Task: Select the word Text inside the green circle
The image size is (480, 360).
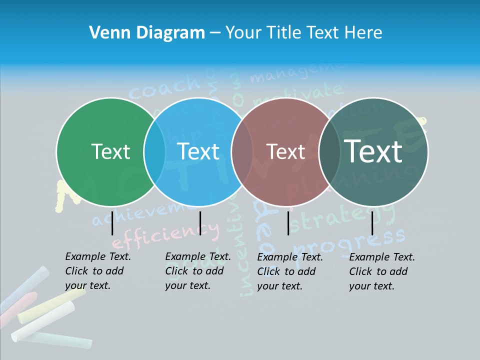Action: (110, 151)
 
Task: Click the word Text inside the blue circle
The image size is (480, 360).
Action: (198, 151)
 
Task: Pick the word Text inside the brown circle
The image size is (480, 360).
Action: (285, 151)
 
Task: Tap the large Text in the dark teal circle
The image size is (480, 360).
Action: (373, 151)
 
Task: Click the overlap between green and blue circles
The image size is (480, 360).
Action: (154, 151)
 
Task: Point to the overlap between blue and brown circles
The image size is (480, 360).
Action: (242, 151)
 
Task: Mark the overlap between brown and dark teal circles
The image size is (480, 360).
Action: (329, 151)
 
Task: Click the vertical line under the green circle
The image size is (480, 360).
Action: (112, 223)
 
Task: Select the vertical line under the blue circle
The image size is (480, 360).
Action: (200, 223)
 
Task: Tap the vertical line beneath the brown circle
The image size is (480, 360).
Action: (288, 223)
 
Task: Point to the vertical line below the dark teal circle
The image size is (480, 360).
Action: (372, 223)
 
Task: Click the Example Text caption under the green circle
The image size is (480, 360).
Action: (98, 271)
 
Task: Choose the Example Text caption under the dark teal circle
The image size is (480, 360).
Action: (382, 271)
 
